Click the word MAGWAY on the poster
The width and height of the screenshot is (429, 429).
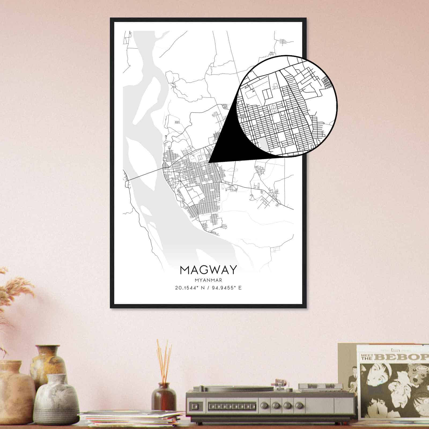pos(208,270)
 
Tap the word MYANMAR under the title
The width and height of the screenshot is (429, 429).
pos(208,280)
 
